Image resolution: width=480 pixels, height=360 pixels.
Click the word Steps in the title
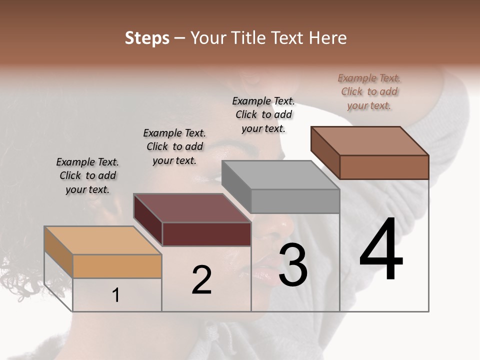click(x=147, y=38)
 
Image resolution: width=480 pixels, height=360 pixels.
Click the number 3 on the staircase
click(x=293, y=265)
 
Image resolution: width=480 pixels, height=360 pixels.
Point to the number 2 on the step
click(x=202, y=280)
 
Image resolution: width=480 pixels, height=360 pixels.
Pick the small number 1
click(x=116, y=295)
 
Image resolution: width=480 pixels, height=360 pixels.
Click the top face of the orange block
click(x=103, y=240)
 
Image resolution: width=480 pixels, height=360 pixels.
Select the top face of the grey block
click(x=280, y=175)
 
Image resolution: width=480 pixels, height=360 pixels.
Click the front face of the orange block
click(x=117, y=266)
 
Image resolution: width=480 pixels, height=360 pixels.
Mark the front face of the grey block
click(x=295, y=201)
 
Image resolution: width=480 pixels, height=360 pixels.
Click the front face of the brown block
click(x=384, y=167)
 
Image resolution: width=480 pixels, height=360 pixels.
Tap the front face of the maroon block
click(x=206, y=234)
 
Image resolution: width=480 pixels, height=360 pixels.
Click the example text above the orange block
click(x=87, y=175)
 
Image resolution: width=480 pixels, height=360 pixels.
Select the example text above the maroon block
click(x=174, y=146)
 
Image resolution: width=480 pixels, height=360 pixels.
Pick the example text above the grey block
click(x=263, y=114)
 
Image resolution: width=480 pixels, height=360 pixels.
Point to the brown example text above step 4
click(x=369, y=91)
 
